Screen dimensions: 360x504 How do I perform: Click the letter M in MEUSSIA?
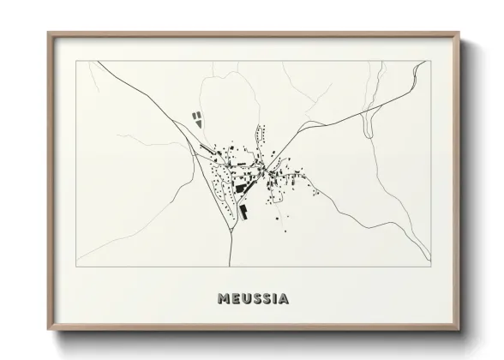click(x=225, y=298)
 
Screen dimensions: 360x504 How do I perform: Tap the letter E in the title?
click(x=236, y=298)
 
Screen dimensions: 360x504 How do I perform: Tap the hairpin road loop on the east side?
click(x=369, y=127)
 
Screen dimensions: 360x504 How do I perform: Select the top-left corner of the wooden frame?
click(x=48, y=33)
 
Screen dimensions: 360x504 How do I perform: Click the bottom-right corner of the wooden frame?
click(x=461, y=331)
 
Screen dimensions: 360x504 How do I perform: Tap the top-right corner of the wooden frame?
click(x=461, y=33)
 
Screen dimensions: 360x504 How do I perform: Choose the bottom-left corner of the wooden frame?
click(x=48, y=331)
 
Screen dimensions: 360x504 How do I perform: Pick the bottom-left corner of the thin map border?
click(x=75, y=267)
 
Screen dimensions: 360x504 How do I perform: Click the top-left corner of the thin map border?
click(x=75, y=61)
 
